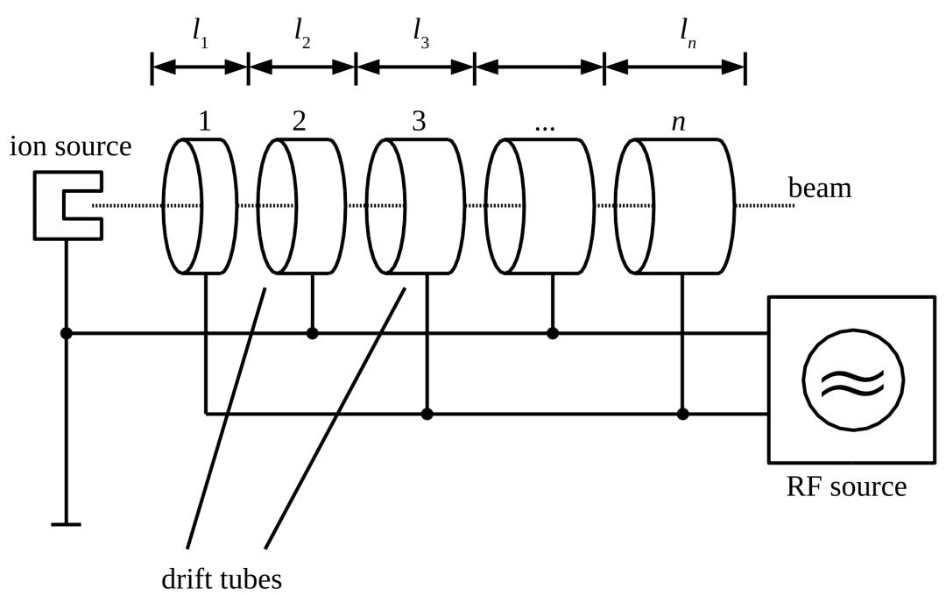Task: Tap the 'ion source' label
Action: coord(71,146)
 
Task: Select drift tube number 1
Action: coord(200,206)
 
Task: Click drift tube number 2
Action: coord(301,206)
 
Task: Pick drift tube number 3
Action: coord(416,206)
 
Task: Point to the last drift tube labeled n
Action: coord(675,206)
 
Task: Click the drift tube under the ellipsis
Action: coord(540,206)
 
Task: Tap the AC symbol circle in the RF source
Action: coord(853,380)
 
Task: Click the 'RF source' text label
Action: coord(846,486)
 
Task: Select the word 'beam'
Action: coord(821,188)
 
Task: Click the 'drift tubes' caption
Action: coord(222,579)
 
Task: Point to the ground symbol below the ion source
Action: coord(66,524)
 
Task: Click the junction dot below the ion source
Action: coord(67,333)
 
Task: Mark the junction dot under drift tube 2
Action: coord(312,333)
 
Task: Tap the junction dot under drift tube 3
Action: coord(427,415)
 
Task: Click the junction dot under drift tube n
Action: coord(682,415)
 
